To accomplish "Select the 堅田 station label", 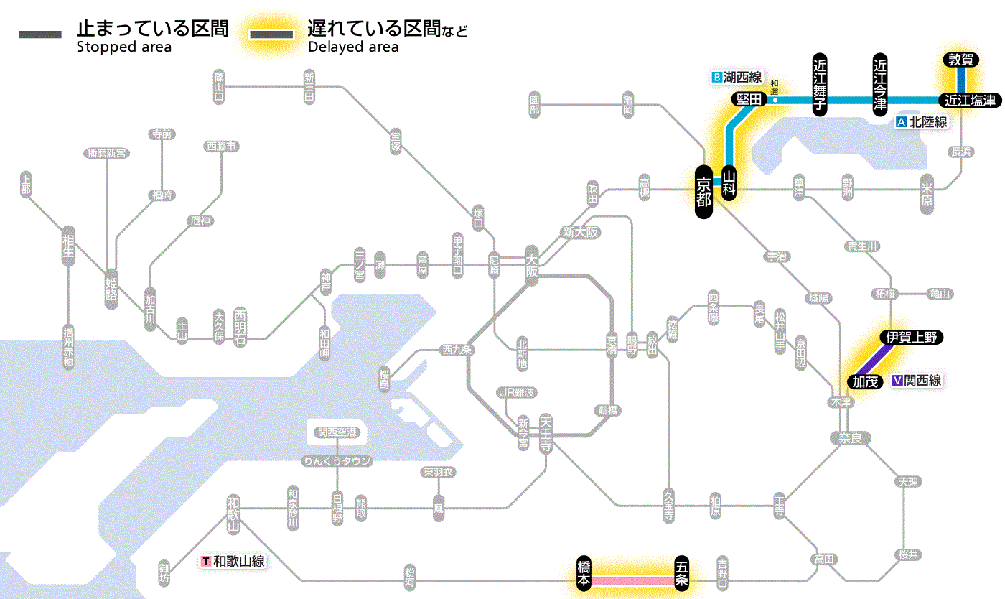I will coord(749,100).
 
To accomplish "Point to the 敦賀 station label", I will coord(960,60).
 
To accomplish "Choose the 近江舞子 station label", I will coord(820,85).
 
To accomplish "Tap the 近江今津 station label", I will coord(880,85).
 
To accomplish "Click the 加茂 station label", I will coord(865,381).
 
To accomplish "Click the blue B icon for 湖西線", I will coord(716,77).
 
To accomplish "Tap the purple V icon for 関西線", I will coord(897,381).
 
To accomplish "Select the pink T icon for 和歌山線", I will coord(207,561).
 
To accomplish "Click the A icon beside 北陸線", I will coord(902,122).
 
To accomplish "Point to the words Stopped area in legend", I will coord(124,47).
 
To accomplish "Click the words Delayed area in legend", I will coord(352,47).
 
